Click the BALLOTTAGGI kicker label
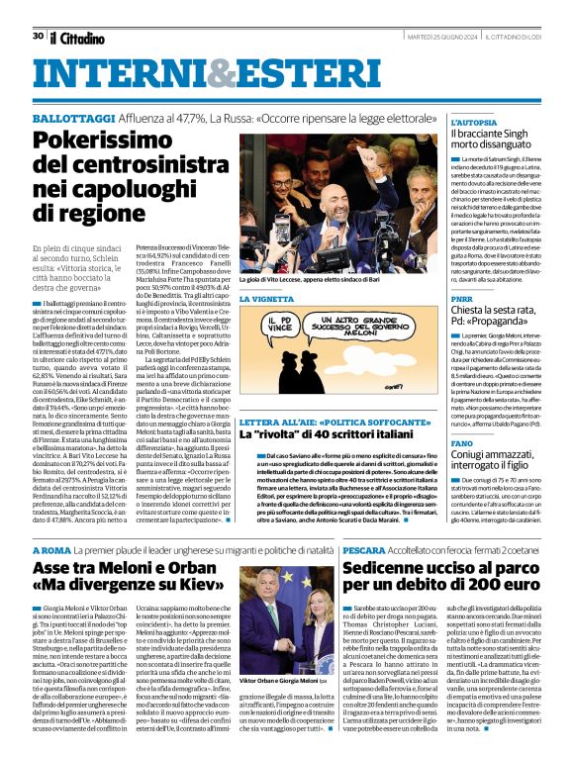point(70,117)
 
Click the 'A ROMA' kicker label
point(51,547)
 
